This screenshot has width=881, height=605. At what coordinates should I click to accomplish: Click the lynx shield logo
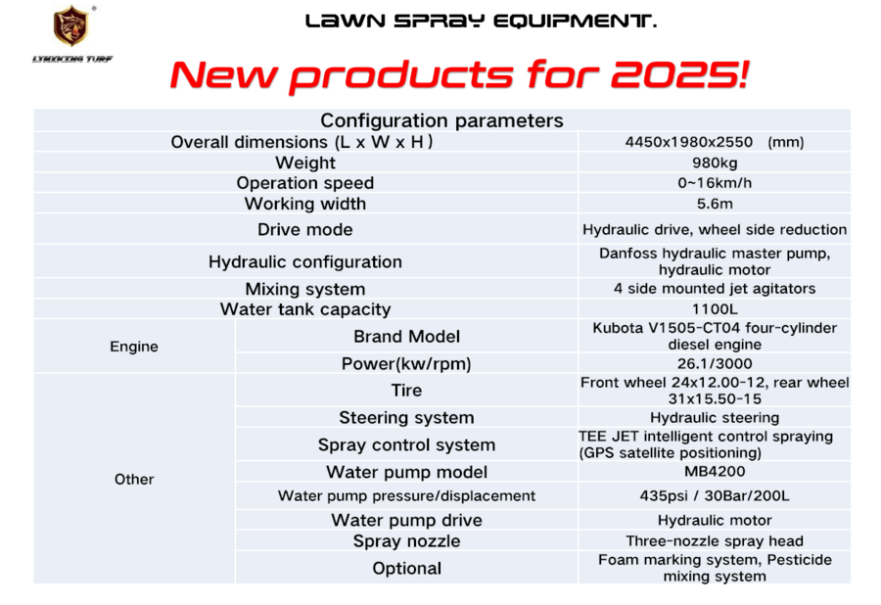[70, 25]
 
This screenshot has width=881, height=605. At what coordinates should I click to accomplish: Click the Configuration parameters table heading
[441, 120]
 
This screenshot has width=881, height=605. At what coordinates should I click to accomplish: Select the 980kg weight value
[715, 163]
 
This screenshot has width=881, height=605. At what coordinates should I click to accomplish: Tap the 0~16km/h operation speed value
[715, 183]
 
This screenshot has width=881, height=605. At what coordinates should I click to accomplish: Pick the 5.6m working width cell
[715, 204]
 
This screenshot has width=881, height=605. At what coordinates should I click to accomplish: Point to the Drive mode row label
[305, 230]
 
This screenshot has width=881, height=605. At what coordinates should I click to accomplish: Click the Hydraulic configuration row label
[305, 262]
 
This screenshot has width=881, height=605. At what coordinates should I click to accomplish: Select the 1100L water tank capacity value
[715, 309]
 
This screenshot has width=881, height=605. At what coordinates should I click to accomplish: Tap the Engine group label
[134, 347]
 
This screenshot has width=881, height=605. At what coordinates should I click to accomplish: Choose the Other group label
[134, 479]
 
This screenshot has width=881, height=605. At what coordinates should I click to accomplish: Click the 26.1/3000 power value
[715, 364]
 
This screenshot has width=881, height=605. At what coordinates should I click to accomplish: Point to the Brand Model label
[406, 337]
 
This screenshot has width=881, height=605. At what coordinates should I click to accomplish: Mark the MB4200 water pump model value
[715, 472]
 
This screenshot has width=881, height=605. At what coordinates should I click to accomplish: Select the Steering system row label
[406, 418]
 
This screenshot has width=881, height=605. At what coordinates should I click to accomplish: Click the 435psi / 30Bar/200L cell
[715, 496]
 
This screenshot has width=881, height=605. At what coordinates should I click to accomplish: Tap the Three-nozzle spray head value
[715, 541]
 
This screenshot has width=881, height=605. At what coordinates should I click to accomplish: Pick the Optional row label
[406, 569]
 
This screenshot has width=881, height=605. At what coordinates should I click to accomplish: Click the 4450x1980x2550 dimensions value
[689, 142]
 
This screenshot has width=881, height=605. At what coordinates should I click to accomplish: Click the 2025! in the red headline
[680, 74]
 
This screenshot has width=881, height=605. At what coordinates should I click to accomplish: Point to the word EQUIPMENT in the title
[575, 22]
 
